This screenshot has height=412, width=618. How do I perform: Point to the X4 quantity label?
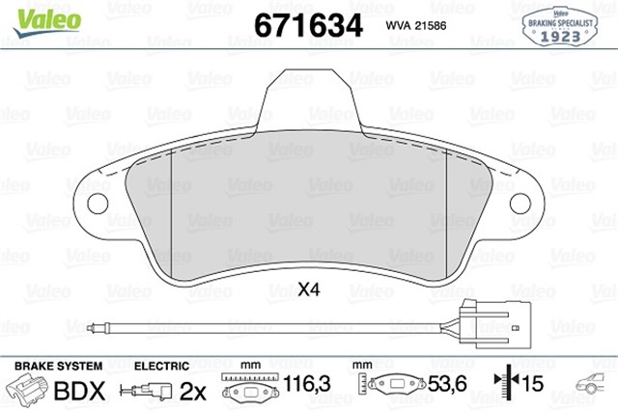pyautogui.click(x=309, y=288)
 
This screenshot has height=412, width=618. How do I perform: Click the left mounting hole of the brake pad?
pyautogui.click(x=97, y=204)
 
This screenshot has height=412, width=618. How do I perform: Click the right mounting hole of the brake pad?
pyautogui.click(x=520, y=204)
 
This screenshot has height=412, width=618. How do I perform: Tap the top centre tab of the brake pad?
pyautogui.click(x=308, y=95)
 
